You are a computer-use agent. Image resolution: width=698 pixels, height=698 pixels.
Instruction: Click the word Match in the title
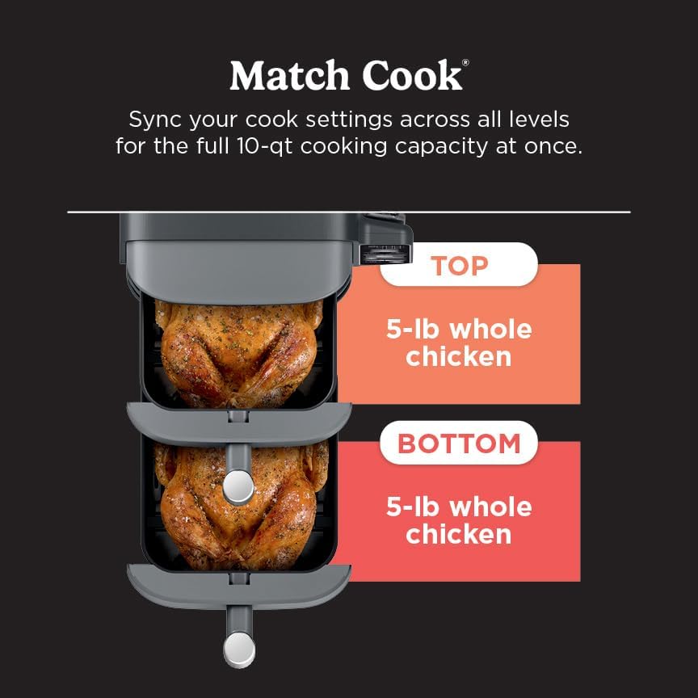pyautogui.click(x=289, y=75)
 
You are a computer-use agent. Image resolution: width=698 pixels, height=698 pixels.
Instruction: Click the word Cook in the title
pyautogui.click(x=412, y=75)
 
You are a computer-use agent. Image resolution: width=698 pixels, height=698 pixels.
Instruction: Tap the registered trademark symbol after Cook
pyautogui.click(x=465, y=63)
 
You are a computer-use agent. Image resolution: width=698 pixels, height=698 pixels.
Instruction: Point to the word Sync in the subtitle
pyautogui.click(x=155, y=120)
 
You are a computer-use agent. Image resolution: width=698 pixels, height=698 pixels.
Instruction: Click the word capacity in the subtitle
pyautogui.click(x=441, y=147)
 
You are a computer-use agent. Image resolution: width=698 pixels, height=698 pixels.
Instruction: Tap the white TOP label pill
pyautogui.click(x=459, y=264)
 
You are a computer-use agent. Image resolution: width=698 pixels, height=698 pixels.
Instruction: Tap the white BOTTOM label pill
pyautogui.click(x=459, y=443)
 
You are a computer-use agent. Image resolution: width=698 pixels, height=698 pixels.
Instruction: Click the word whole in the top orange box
pyautogui.click(x=490, y=330)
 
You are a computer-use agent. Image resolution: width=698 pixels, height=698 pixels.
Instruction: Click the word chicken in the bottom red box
pyautogui.click(x=459, y=534)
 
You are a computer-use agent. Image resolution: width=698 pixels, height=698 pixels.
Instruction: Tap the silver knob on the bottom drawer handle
pyautogui.click(x=239, y=650)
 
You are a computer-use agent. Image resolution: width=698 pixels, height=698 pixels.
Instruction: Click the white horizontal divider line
pyautogui.click(x=349, y=212)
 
